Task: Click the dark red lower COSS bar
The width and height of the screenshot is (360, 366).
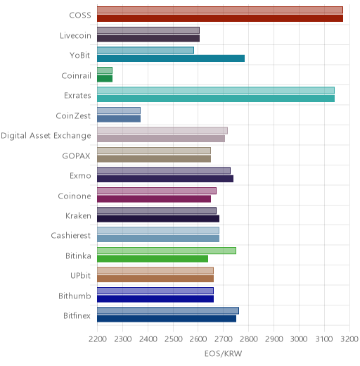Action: pos(220,18)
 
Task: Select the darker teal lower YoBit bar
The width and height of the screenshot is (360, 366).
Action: pos(171,58)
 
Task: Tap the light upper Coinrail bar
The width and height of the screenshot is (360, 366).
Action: pos(105,70)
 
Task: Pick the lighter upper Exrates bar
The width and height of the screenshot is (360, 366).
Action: pos(216,91)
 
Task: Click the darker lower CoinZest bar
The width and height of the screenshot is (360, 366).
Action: pos(119,119)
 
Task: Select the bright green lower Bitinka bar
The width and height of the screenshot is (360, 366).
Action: pos(153,259)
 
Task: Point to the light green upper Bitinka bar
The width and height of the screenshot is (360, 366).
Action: pos(167,251)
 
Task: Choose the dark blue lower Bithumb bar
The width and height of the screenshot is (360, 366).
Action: pos(155,299)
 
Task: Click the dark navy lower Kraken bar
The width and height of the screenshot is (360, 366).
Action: pos(158,219)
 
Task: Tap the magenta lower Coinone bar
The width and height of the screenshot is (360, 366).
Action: pos(154,198)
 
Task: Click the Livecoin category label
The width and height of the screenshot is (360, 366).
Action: pos(75,36)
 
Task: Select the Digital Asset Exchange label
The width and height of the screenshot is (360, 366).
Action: pos(46,136)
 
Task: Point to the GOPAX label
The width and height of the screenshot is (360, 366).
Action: pos(76,156)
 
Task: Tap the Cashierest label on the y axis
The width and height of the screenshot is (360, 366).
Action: pos(71,236)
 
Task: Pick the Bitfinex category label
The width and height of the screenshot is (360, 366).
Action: pos(77,316)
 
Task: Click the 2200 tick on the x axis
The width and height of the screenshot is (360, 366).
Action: pos(98,339)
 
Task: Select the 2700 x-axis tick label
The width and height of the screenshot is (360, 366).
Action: pos(224,339)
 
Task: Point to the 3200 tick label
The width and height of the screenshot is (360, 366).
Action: pos(349,339)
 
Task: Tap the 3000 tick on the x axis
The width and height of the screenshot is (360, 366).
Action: pos(299,339)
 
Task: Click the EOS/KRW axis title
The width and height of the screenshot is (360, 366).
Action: pos(223,353)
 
